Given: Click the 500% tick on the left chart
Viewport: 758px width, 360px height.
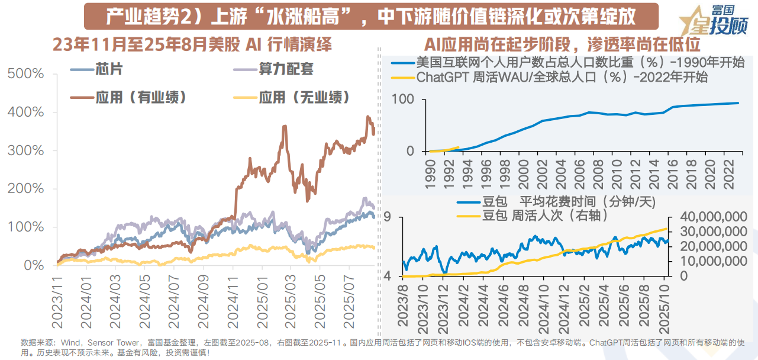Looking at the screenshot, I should [25, 74].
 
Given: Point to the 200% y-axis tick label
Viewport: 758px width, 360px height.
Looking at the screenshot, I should [25, 189].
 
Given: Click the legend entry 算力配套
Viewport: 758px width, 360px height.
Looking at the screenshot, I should [286, 69].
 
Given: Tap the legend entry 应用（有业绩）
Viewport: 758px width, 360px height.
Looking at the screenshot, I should [139, 97].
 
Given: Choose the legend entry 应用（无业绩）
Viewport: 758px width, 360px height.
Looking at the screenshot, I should [302, 97].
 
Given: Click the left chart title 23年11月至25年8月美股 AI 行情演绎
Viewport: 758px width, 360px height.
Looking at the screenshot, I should [192, 44].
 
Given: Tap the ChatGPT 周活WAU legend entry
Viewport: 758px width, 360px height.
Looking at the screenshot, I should [562, 78].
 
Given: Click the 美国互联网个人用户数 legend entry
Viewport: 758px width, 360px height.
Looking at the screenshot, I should [580, 63].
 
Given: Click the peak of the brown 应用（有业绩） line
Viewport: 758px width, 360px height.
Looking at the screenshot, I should [368, 117].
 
